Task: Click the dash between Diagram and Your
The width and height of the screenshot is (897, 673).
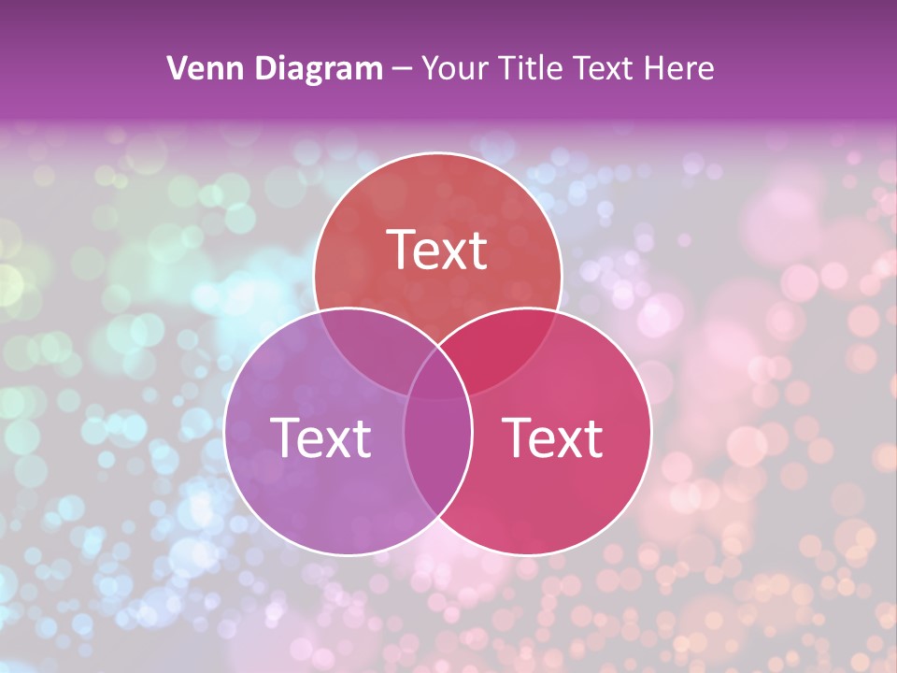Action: point(403,69)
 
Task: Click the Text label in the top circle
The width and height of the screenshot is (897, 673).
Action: point(437,250)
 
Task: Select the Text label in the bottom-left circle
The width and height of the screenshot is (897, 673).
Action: point(320,437)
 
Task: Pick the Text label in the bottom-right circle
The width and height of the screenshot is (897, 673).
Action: point(553,437)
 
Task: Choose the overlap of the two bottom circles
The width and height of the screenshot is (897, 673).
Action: point(437,467)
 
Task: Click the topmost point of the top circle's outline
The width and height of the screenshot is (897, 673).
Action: point(437,152)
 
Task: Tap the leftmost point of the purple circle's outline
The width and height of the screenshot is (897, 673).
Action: point(224,431)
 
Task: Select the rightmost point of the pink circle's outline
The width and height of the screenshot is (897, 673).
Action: point(651,431)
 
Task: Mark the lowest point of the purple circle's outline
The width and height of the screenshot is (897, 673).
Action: point(349,555)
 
